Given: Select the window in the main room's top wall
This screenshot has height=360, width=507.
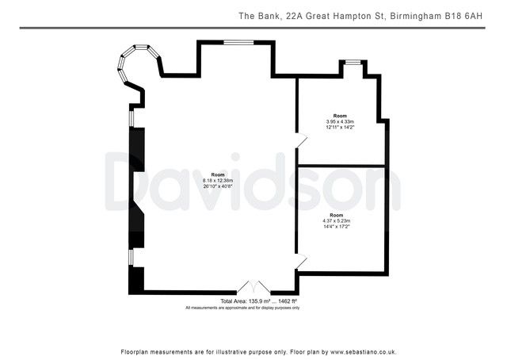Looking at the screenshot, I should pyautogui.click(x=235, y=42).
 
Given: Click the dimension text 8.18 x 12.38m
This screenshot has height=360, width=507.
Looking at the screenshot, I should pyautogui.click(x=218, y=180).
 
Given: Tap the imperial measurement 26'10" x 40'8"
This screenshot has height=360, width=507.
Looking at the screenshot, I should pyautogui.click(x=218, y=186).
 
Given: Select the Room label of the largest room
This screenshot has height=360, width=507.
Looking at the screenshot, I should pyautogui.click(x=218, y=174).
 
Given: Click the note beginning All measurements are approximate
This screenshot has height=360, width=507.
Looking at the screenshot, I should pyautogui.click(x=242, y=308).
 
